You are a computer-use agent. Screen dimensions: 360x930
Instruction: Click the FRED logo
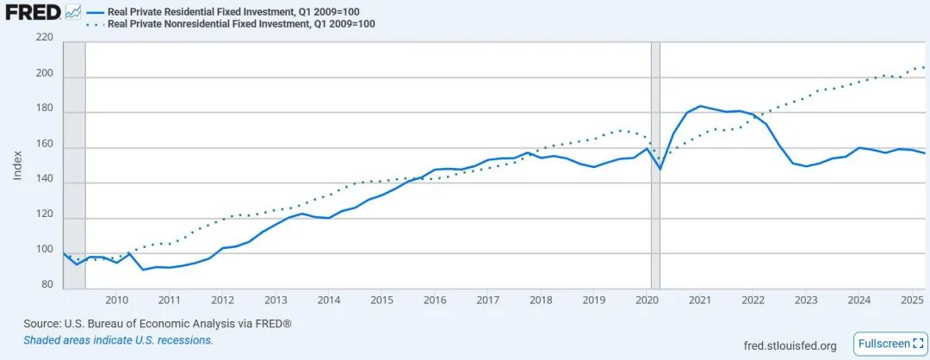tap(33, 12)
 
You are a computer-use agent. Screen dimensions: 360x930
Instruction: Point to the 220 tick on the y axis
tap(45, 39)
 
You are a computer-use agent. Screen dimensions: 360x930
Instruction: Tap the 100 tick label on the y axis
tap(45, 250)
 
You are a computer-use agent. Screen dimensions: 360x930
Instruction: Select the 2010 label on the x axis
tap(116, 300)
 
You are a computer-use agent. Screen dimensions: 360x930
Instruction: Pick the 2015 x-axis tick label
tap(381, 300)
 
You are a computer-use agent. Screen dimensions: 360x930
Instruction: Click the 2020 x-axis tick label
tap(647, 300)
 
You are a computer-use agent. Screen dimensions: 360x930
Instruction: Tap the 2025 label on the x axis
tap(912, 300)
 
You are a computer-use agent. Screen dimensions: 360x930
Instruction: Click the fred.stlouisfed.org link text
tap(789, 345)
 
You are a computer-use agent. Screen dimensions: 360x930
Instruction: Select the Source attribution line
tap(158, 324)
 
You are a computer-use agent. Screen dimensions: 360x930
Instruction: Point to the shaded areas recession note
tap(118, 340)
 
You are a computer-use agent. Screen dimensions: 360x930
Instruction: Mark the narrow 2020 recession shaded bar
tap(655, 164)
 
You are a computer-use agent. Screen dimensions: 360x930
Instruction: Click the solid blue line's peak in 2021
tap(700, 106)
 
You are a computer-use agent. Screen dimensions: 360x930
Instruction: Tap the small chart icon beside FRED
tap(73, 12)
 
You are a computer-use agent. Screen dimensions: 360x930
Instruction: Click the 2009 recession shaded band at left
tap(75, 164)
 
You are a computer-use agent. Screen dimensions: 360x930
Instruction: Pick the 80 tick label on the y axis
tap(47, 285)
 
